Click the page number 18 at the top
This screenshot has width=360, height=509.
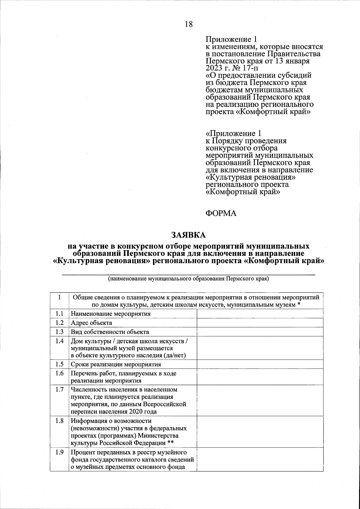click(x=189, y=24)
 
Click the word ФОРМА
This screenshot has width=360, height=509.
click(x=221, y=213)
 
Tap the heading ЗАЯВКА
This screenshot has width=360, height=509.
click(x=189, y=234)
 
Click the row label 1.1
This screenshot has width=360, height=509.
click(x=59, y=314)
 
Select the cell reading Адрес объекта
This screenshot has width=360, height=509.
click(x=91, y=323)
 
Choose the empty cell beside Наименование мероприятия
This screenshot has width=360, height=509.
click(x=260, y=314)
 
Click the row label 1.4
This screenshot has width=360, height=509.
click(x=59, y=341)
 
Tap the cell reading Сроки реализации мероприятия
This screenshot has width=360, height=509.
click(x=116, y=364)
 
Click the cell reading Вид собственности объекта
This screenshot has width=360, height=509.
click(x=110, y=332)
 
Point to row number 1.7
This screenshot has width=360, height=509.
click(x=59, y=390)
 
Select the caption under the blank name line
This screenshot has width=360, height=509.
click(x=188, y=279)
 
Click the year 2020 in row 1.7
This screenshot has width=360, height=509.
click(x=136, y=412)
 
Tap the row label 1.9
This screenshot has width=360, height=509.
click(x=59, y=452)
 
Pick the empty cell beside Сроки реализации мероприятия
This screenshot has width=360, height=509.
click(x=260, y=364)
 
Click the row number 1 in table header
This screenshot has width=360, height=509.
click(x=59, y=298)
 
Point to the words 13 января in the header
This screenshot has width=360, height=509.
click(x=292, y=61)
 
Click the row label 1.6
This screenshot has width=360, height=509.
click(x=59, y=373)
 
